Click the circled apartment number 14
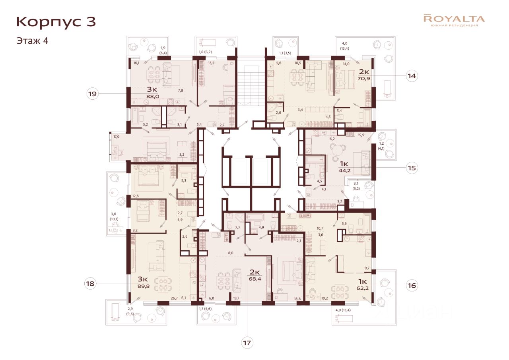point(412,76)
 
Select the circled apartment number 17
point(247,343)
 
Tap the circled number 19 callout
point(93,93)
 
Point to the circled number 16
point(412,285)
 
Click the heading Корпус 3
point(56,22)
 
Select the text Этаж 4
point(32,41)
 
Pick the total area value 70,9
point(364,79)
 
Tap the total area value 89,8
point(144,286)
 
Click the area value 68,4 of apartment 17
point(255,279)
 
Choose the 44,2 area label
point(344,170)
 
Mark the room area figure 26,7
point(174,298)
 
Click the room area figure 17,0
point(117,137)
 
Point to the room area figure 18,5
point(298,63)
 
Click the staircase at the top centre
point(251,85)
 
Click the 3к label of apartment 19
point(152,89)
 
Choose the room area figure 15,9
point(361,135)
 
